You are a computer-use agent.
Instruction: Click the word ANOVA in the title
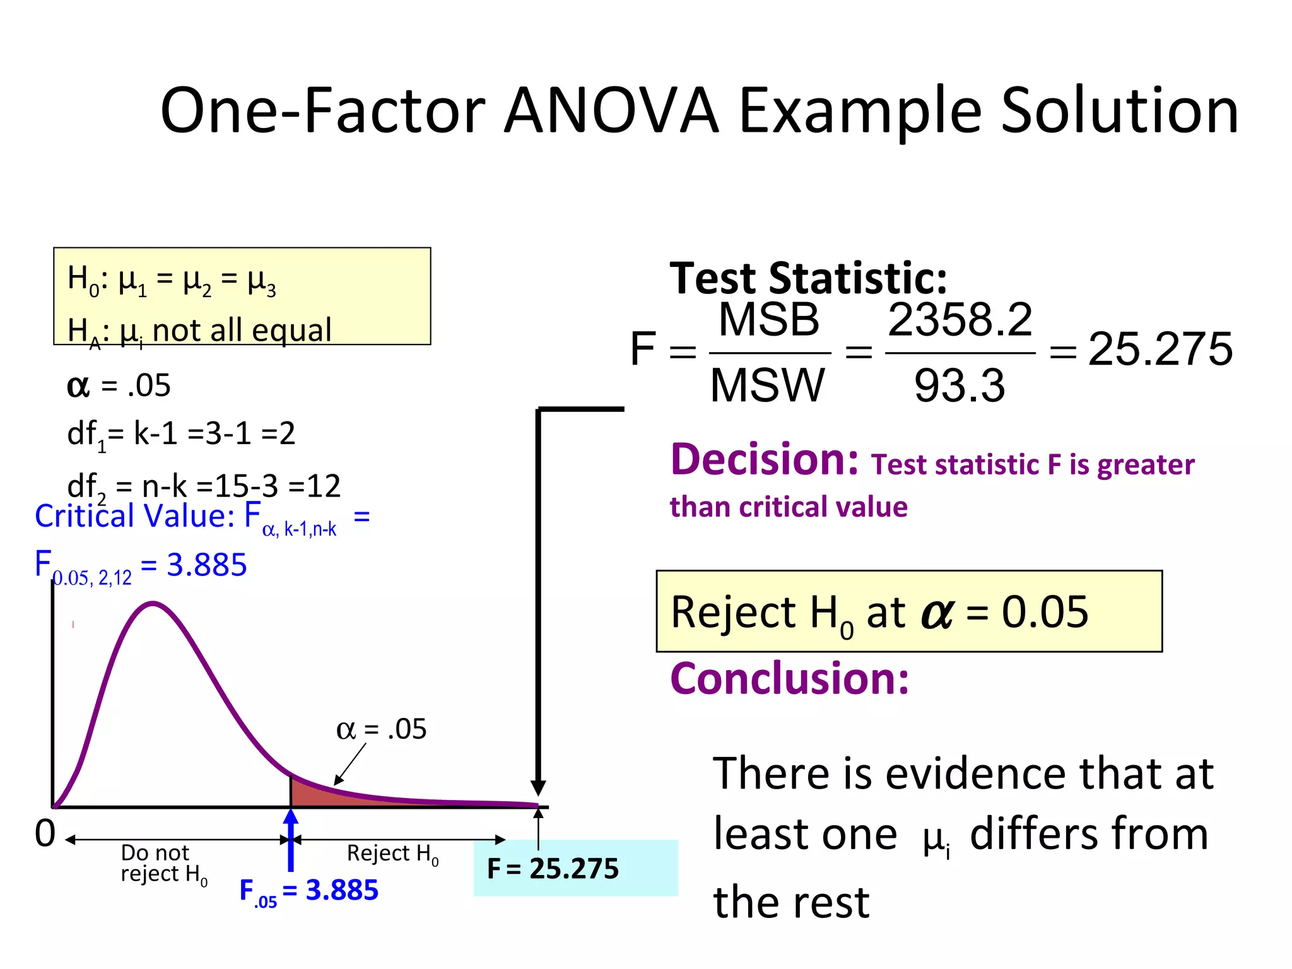pos(611,111)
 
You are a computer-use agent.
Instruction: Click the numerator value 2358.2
pos(960,320)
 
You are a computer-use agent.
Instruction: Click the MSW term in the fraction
pos(767,385)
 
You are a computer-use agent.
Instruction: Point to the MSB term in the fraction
pos(768,320)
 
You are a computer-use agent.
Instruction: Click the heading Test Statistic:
pos(808,278)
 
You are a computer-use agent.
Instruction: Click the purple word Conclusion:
pos(789,679)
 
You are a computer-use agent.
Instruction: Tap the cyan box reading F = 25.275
pos(575,868)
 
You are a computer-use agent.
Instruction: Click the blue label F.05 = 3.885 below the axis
pos(309,891)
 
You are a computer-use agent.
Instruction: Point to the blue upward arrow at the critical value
pos(291,839)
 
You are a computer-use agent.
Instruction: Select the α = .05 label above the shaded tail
pos(381,730)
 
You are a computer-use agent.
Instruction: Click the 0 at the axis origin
pos(45,833)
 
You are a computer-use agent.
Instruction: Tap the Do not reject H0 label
pos(162,863)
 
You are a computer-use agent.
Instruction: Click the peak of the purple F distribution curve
pos(153,604)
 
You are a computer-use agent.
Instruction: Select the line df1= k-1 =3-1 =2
pos(181,434)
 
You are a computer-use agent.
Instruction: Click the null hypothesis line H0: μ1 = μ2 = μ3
pos(172,279)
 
